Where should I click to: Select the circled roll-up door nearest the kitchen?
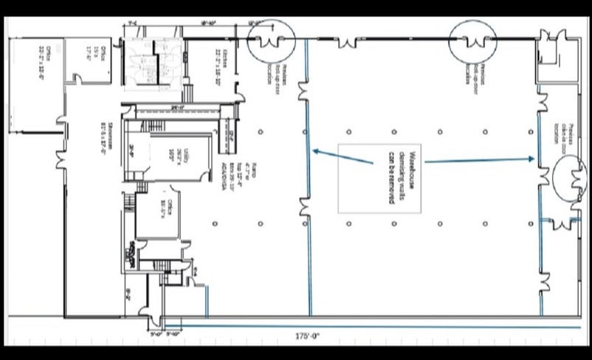point(271,41)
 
